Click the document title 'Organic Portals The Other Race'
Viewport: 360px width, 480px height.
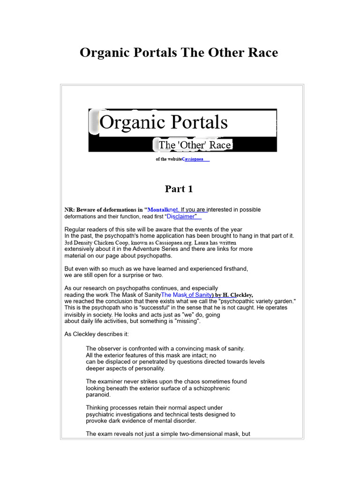coord(179,52)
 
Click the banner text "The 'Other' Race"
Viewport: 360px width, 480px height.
coord(195,145)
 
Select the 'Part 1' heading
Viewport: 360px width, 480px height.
coord(179,189)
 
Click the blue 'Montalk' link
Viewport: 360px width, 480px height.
coord(159,210)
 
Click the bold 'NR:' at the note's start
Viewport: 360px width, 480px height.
coord(70,210)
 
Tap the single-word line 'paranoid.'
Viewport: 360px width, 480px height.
coord(98,395)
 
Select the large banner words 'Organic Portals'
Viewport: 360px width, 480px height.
coord(164,122)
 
